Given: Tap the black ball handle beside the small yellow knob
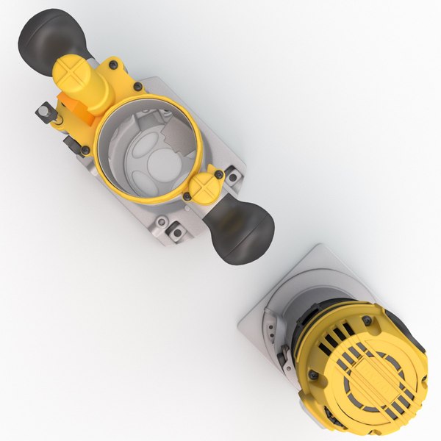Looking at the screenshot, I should point(243,229).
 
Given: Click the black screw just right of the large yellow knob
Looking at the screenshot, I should point(137,87).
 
